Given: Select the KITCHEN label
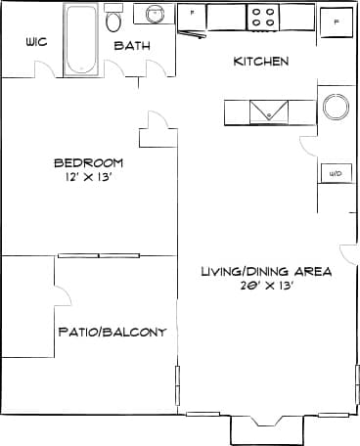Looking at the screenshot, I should (260, 62).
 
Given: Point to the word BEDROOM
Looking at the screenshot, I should (88, 162).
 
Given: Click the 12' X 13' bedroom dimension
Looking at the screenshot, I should (88, 179).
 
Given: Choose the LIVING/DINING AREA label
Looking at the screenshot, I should (266, 271).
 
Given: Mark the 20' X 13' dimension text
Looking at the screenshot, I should (266, 287).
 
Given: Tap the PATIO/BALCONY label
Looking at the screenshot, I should (112, 332).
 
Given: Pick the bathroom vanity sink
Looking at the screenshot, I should (155, 15).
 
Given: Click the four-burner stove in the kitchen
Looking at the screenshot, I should (263, 17).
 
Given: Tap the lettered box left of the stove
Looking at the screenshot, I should (192, 14).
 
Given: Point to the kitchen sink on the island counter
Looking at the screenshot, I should (269, 111).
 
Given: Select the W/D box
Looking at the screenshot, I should (335, 173).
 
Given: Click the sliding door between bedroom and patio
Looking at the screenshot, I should (98, 256).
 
